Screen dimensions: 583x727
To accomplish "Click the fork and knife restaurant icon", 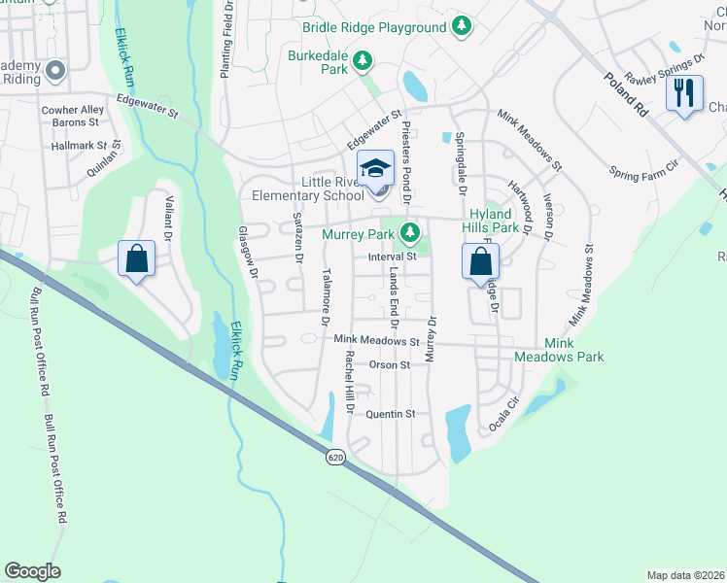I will [x=685, y=93].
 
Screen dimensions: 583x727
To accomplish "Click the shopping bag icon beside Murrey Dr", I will [x=480, y=261].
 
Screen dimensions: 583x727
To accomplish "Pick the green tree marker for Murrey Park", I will [x=411, y=232].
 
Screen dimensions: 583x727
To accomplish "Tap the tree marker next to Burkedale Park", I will [x=363, y=62].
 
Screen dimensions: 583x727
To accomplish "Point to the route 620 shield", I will [x=335, y=457].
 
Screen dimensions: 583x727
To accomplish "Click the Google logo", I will [x=32, y=571].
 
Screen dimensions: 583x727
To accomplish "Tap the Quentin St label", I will [x=390, y=413].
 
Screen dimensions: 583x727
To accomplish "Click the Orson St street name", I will [x=390, y=365].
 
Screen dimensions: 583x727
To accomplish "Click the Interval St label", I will [x=392, y=257].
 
